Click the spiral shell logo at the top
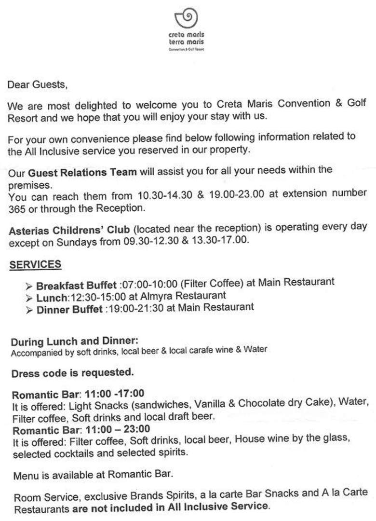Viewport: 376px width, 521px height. (187, 19)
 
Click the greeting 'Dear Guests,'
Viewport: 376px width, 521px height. (37, 84)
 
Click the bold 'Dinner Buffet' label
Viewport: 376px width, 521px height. (69, 309)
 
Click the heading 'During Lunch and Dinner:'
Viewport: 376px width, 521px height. (75, 342)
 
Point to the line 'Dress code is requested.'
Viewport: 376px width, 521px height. (72, 373)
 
